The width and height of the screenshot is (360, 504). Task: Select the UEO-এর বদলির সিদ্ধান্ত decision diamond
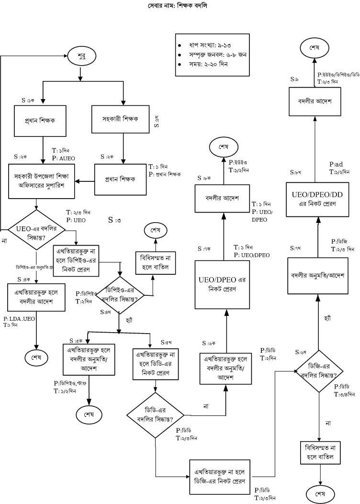point(36,229)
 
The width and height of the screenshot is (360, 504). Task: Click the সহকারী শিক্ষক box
point(124,119)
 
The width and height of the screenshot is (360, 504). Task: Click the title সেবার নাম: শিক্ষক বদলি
point(178,6)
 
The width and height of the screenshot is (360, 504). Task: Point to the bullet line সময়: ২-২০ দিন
point(209,64)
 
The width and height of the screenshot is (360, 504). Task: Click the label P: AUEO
point(64,157)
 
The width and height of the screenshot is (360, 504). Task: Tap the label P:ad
point(336,164)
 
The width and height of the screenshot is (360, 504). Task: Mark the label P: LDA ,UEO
point(19,318)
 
